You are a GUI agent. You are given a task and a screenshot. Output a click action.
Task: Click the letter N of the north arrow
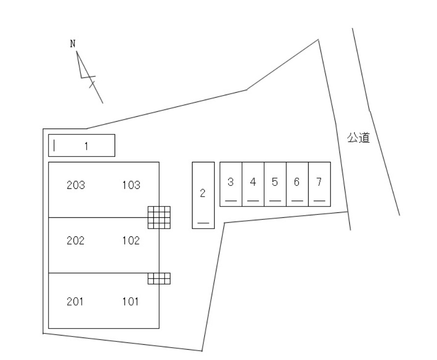(x=73, y=44)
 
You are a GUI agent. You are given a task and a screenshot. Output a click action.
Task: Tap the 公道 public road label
(x=359, y=138)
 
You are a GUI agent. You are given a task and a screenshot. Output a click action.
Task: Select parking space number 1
(x=82, y=145)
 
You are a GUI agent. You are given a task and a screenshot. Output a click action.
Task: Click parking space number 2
(x=203, y=195)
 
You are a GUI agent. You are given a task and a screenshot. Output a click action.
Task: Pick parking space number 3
(x=231, y=184)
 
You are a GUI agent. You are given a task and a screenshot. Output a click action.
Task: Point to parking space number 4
(x=253, y=184)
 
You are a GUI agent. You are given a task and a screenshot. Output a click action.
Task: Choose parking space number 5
(x=275, y=184)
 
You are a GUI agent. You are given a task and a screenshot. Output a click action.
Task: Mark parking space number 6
(x=297, y=184)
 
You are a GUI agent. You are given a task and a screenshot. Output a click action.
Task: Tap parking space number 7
(x=319, y=184)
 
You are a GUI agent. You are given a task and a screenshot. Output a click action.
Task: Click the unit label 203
(x=76, y=185)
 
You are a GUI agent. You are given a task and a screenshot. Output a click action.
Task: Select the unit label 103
(x=131, y=185)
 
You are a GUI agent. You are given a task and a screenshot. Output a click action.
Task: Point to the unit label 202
(x=75, y=240)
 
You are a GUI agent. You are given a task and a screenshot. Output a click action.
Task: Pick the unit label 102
(x=131, y=240)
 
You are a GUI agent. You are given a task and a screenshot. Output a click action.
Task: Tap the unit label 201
(x=75, y=302)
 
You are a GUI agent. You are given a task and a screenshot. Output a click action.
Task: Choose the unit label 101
(x=130, y=302)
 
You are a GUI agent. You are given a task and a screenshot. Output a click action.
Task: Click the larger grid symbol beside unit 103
(x=159, y=217)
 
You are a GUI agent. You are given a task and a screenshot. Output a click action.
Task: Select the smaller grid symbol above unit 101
(x=159, y=279)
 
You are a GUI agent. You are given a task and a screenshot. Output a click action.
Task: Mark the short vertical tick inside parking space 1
(x=54, y=145)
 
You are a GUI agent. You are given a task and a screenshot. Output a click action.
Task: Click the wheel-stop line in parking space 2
(x=203, y=223)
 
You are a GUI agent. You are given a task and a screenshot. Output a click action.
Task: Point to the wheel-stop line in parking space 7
(x=319, y=201)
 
